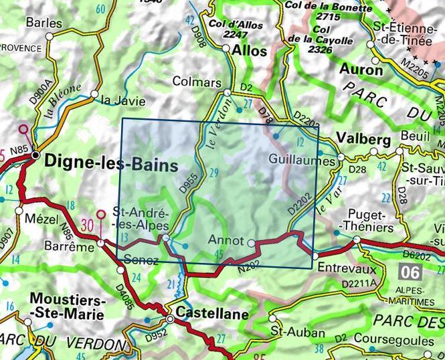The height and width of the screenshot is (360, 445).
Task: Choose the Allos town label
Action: [251, 50]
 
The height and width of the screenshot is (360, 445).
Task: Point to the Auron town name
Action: [361, 69]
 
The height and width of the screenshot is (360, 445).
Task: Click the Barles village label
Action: [43, 22]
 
